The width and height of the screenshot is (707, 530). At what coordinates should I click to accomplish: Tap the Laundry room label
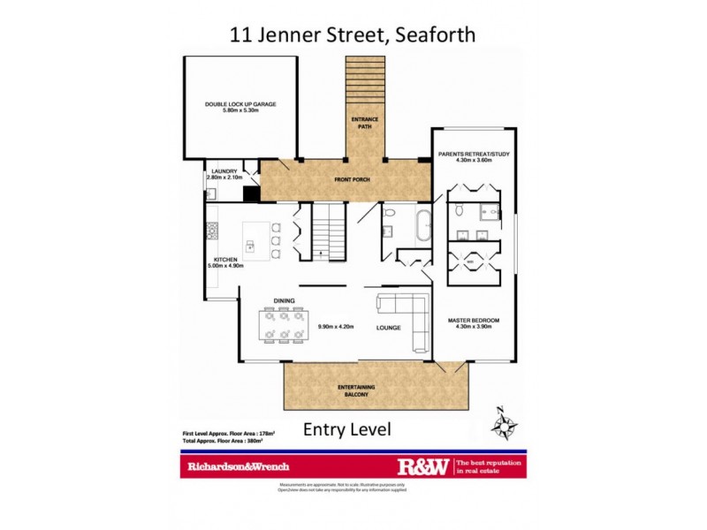[x=223, y=175]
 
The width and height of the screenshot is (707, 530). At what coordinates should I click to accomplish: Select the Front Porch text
[x=351, y=180]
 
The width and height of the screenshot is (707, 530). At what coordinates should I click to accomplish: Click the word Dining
[x=284, y=301]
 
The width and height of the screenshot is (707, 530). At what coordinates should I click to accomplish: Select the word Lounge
[x=388, y=328]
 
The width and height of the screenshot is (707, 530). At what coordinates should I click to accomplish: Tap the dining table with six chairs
[x=283, y=323]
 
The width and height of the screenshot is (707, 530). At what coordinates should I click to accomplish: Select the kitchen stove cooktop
[x=212, y=231]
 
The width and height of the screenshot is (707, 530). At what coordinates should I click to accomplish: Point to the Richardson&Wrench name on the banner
[x=238, y=466]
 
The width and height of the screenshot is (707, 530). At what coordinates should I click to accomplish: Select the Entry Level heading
[x=346, y=430]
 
